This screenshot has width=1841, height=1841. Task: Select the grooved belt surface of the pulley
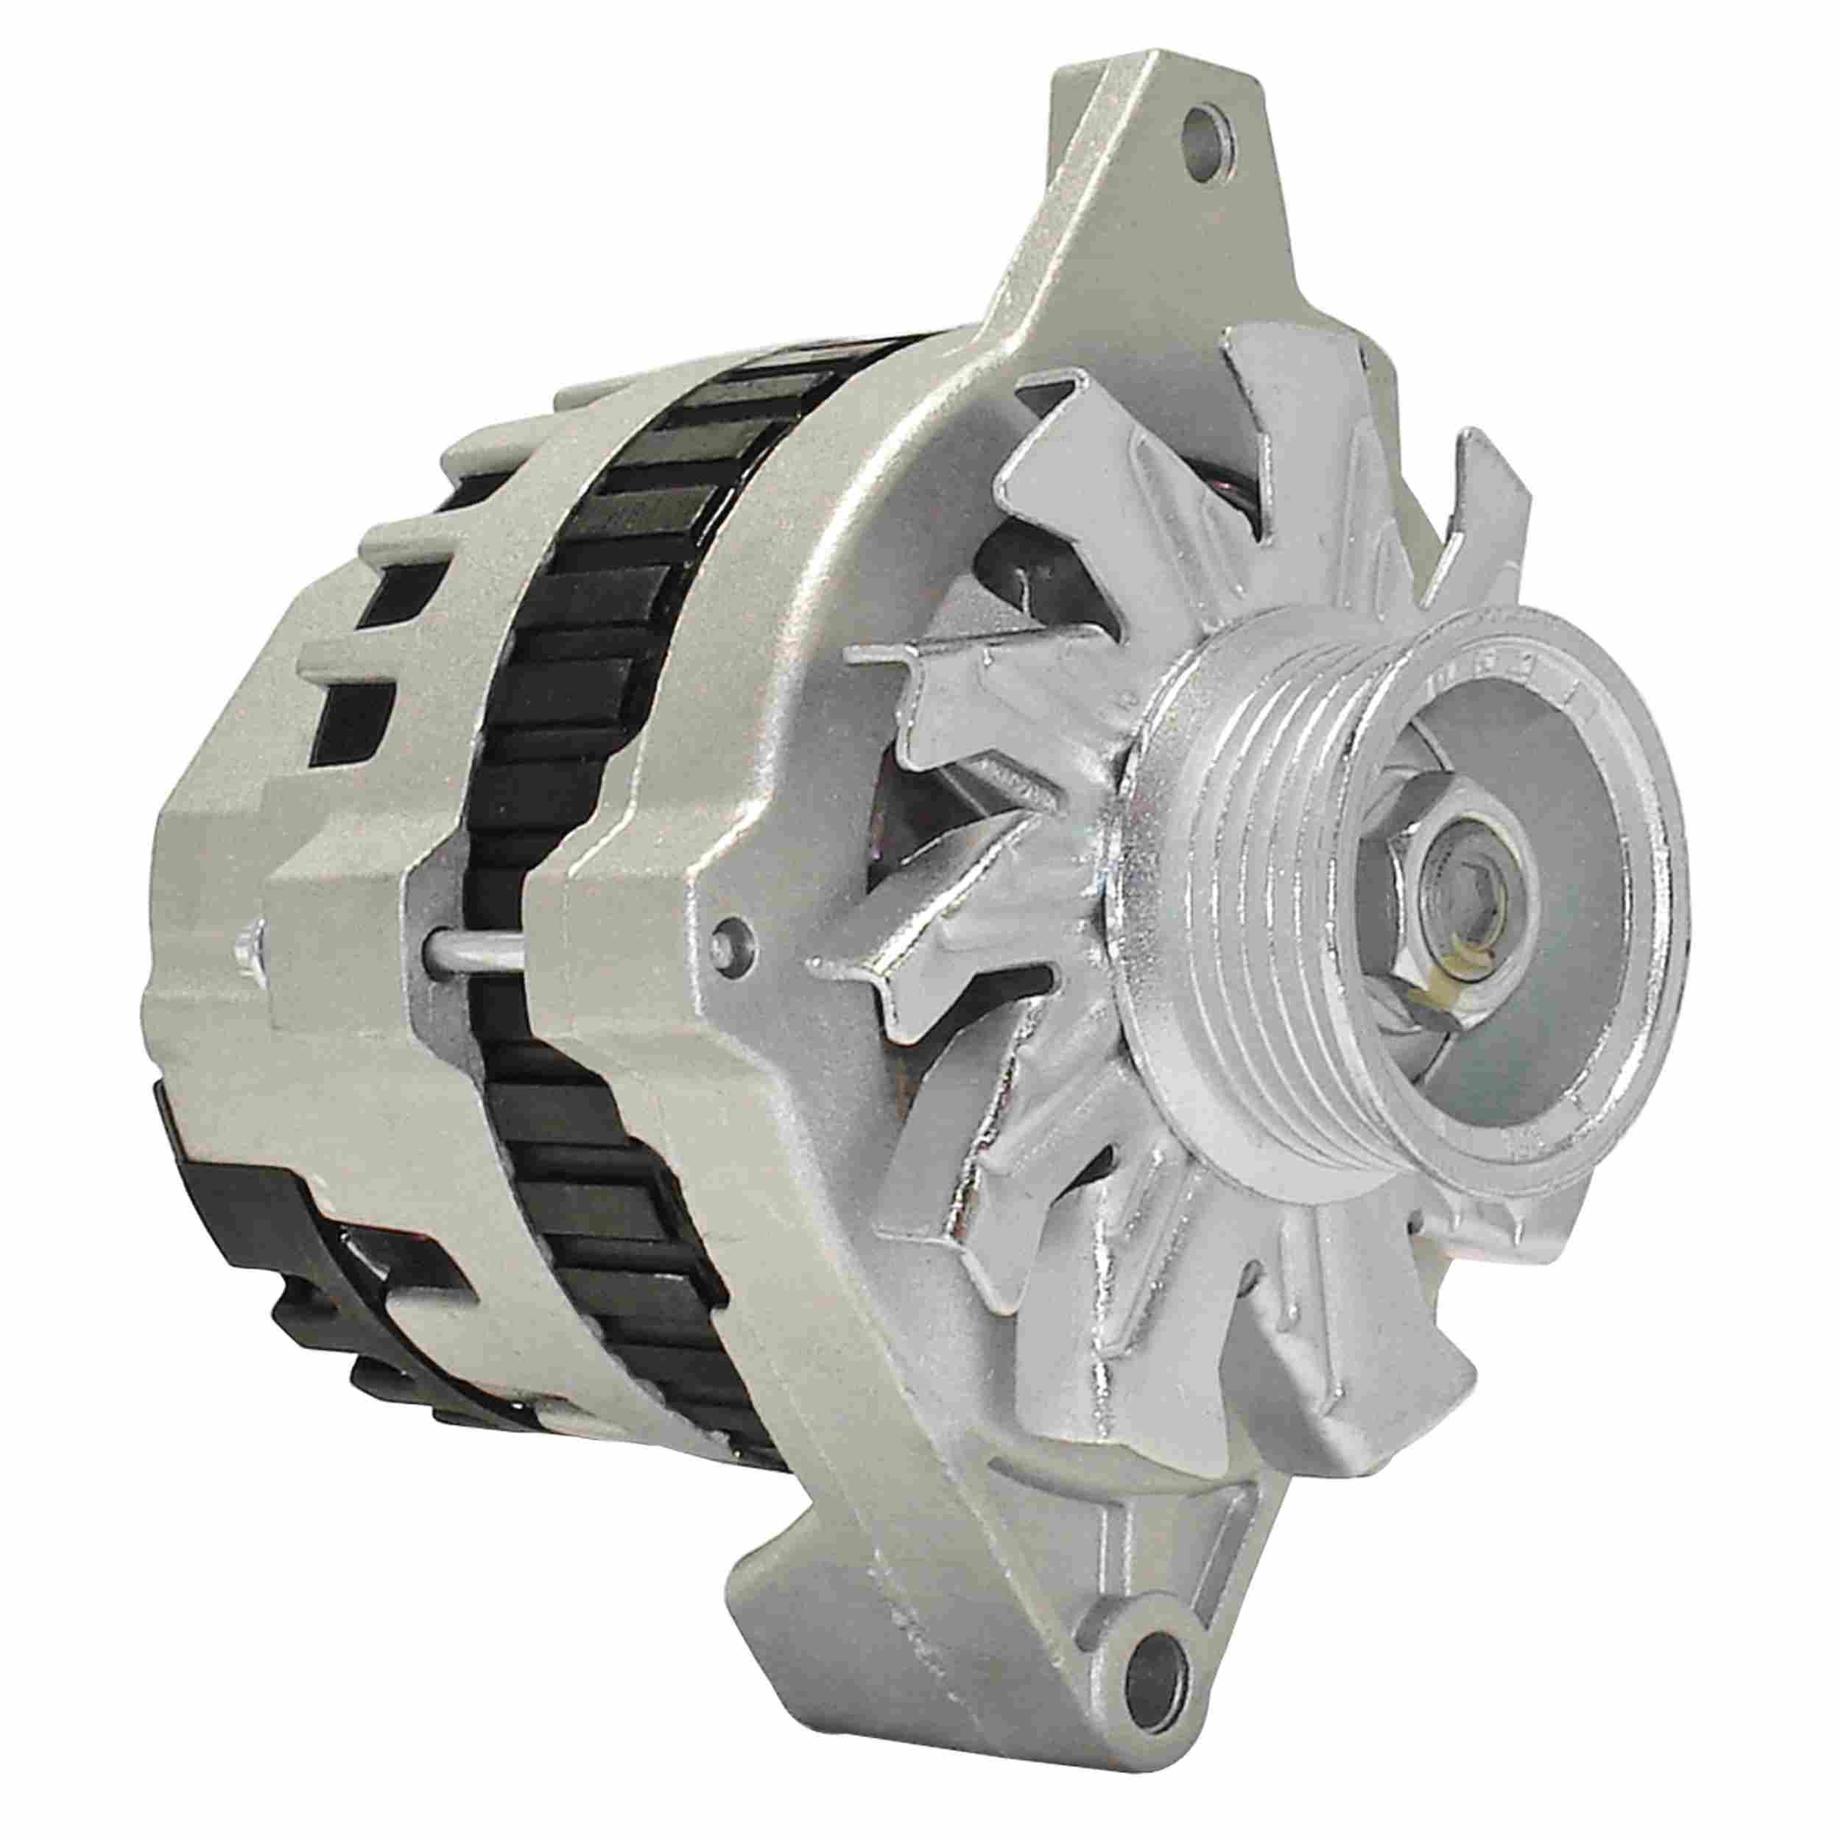(x=1229, y=915)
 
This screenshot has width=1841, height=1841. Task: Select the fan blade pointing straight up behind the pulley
(x=1277, y=448)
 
